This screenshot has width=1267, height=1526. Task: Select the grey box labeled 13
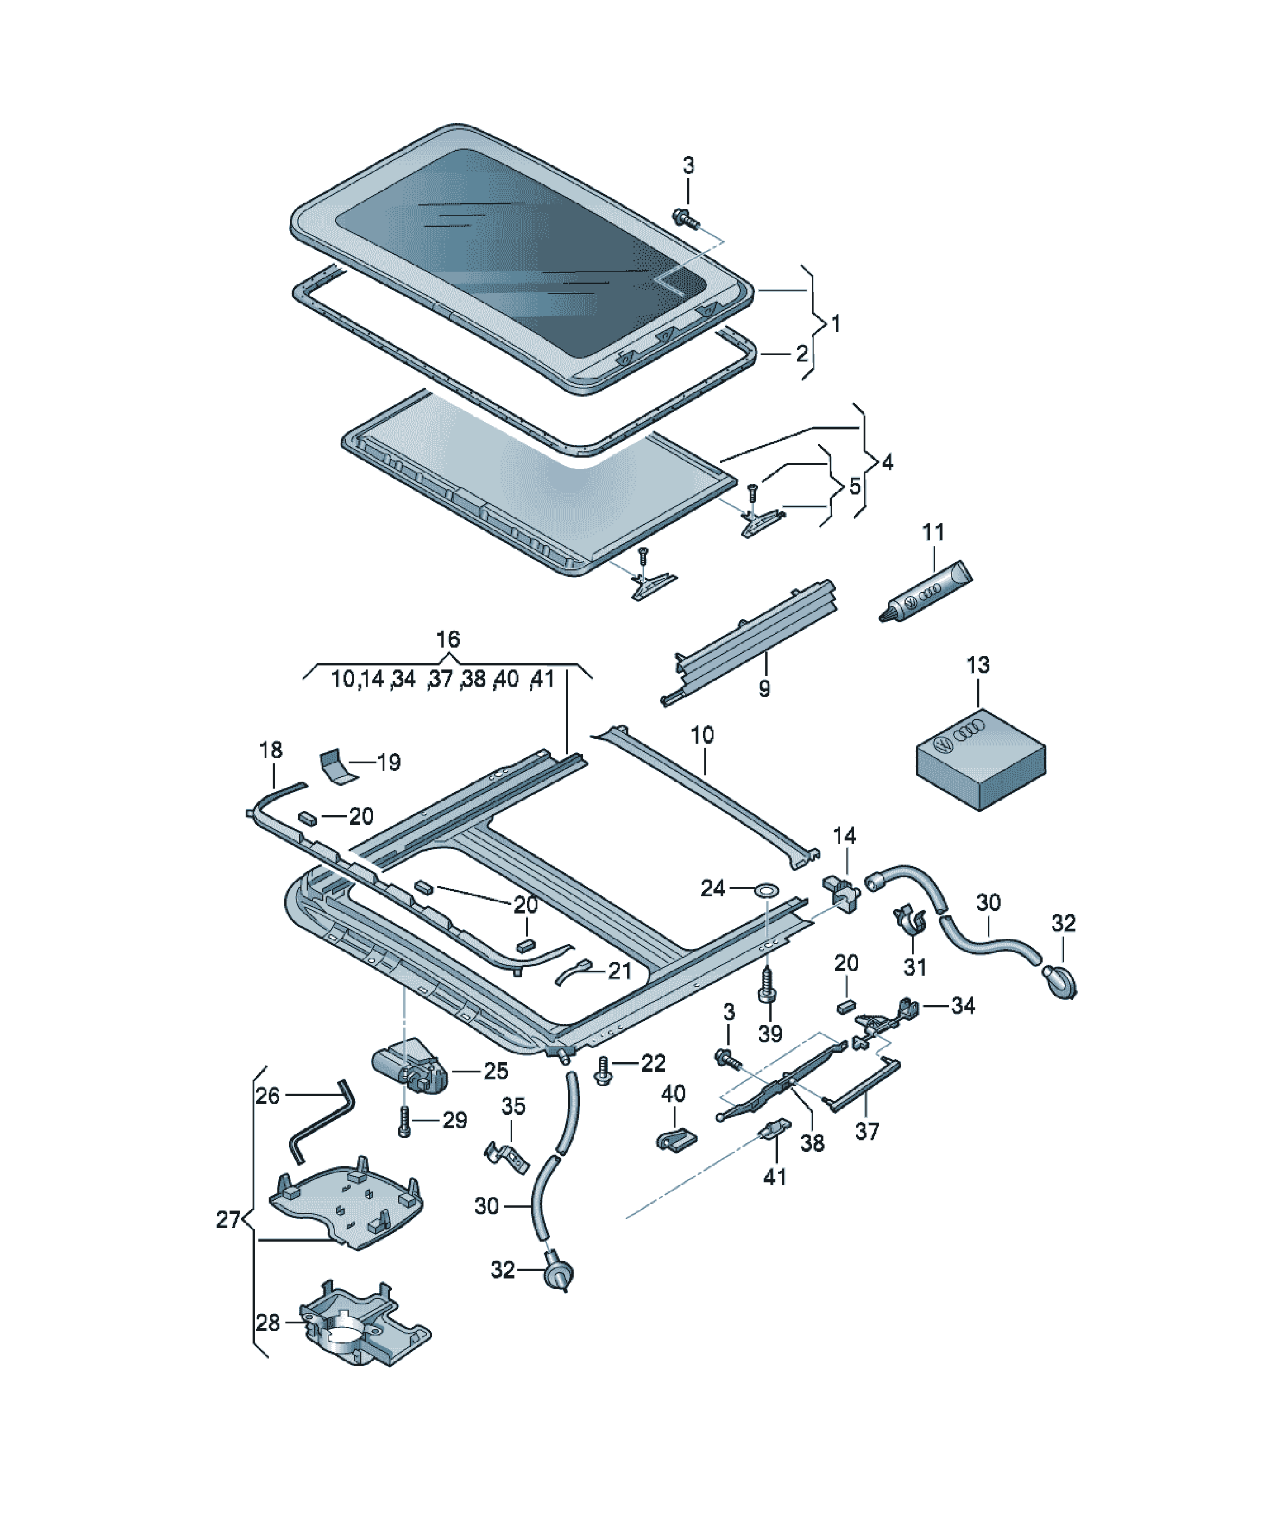pos(982,762)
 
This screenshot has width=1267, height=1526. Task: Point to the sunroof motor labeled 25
pos(409,1066)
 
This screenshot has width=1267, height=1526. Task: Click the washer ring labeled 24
pos(766,888)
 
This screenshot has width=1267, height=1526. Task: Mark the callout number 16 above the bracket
pos(448,640)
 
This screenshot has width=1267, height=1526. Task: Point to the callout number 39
pos(770,1033)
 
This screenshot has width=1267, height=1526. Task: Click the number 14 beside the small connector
pos(844,836)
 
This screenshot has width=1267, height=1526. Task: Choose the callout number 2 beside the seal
pos(802,353)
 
